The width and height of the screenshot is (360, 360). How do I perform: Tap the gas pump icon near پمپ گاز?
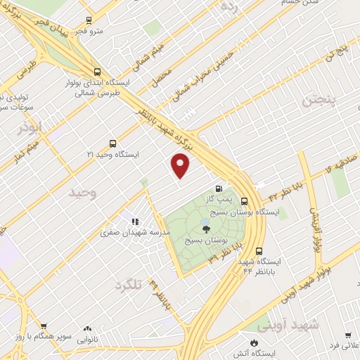point(219,188)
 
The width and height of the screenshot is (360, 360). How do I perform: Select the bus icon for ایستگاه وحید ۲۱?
point(113,142)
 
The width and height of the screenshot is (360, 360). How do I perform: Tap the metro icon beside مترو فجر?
point(89,20)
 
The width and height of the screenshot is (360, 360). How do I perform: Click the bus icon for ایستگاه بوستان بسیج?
point(243,200)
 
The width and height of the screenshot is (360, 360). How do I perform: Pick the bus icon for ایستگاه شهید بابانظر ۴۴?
point(259,251)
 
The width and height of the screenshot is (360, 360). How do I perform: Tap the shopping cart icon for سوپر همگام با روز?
point(44,327)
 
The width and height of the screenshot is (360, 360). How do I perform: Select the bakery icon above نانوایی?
point(87,328)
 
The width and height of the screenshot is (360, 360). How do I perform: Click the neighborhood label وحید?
point(83,191)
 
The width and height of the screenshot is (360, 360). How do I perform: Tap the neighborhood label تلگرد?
point(127,284)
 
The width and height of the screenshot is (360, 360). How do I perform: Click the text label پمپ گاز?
point(227,200)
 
